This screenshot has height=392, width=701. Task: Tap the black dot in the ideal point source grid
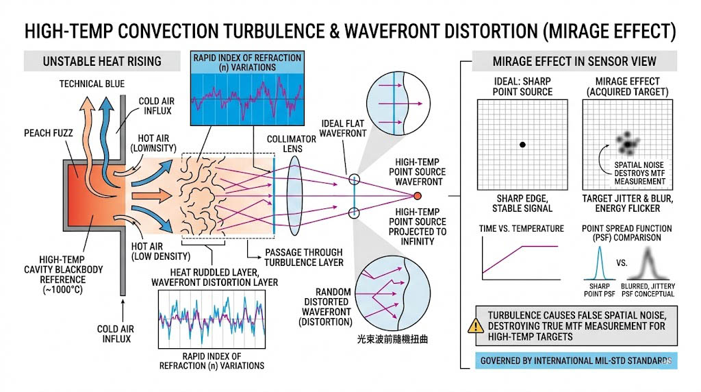coord(522,145)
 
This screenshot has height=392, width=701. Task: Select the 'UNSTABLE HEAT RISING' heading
coord(102,61)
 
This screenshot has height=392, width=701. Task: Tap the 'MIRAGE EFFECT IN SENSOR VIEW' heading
coord(574,61)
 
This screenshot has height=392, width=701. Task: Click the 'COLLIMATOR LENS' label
coord(292,144)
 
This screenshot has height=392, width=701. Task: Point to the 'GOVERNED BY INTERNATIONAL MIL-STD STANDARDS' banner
coord(575,360)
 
